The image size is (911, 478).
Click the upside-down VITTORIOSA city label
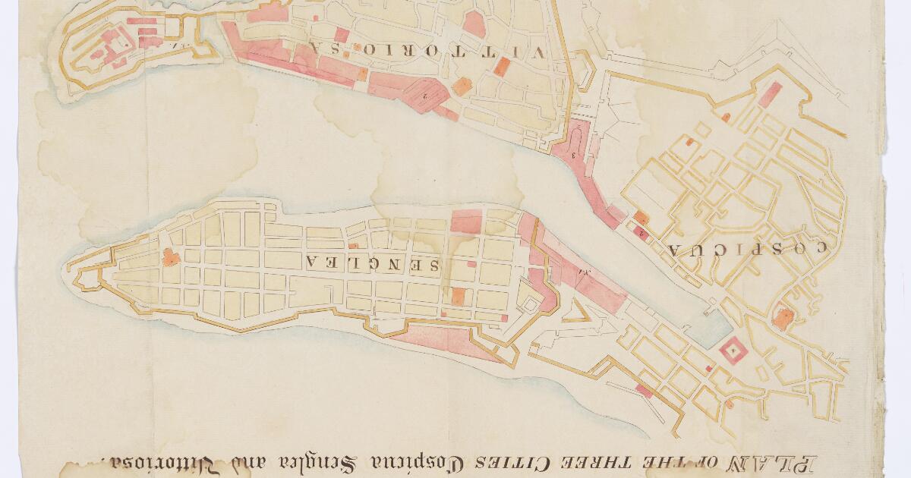click(426, 52)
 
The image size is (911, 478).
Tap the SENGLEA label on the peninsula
click(373, 263)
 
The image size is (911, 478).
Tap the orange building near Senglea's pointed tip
click(171, 257)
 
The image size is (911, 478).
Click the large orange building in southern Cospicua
click(782, 318)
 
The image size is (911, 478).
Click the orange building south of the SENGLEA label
click(458, 295)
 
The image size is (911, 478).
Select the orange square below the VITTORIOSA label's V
click(501, 67)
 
